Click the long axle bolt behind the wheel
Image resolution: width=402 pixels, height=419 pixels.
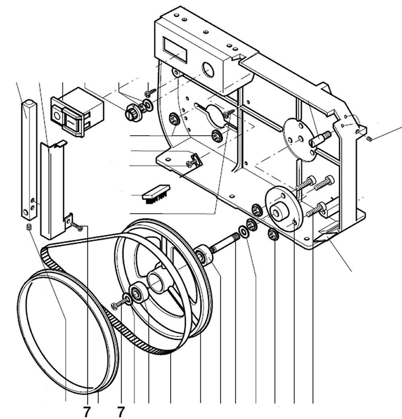click(224, 243)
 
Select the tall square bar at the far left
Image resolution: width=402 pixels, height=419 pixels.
click(29, 157)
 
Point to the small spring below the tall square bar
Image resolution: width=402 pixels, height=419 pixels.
click(29, 228)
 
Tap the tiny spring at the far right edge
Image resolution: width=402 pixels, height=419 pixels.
click(370, 139)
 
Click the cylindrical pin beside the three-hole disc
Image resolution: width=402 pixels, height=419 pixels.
click(320, 139)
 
